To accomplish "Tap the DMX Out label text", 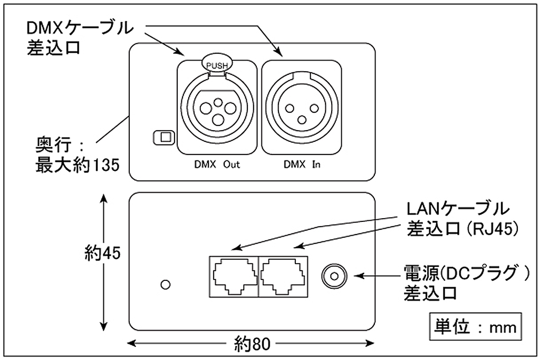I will [x=217, y=164].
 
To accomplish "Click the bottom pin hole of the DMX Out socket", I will [x=217, y=119].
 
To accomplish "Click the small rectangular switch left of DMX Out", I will [x=162, y=138].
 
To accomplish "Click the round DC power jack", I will [x=334, y=275].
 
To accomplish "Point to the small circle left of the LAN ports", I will [x=165, y=285].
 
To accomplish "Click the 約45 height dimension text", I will [x=102, y=253].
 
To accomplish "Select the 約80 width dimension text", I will [x=252, y=345].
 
